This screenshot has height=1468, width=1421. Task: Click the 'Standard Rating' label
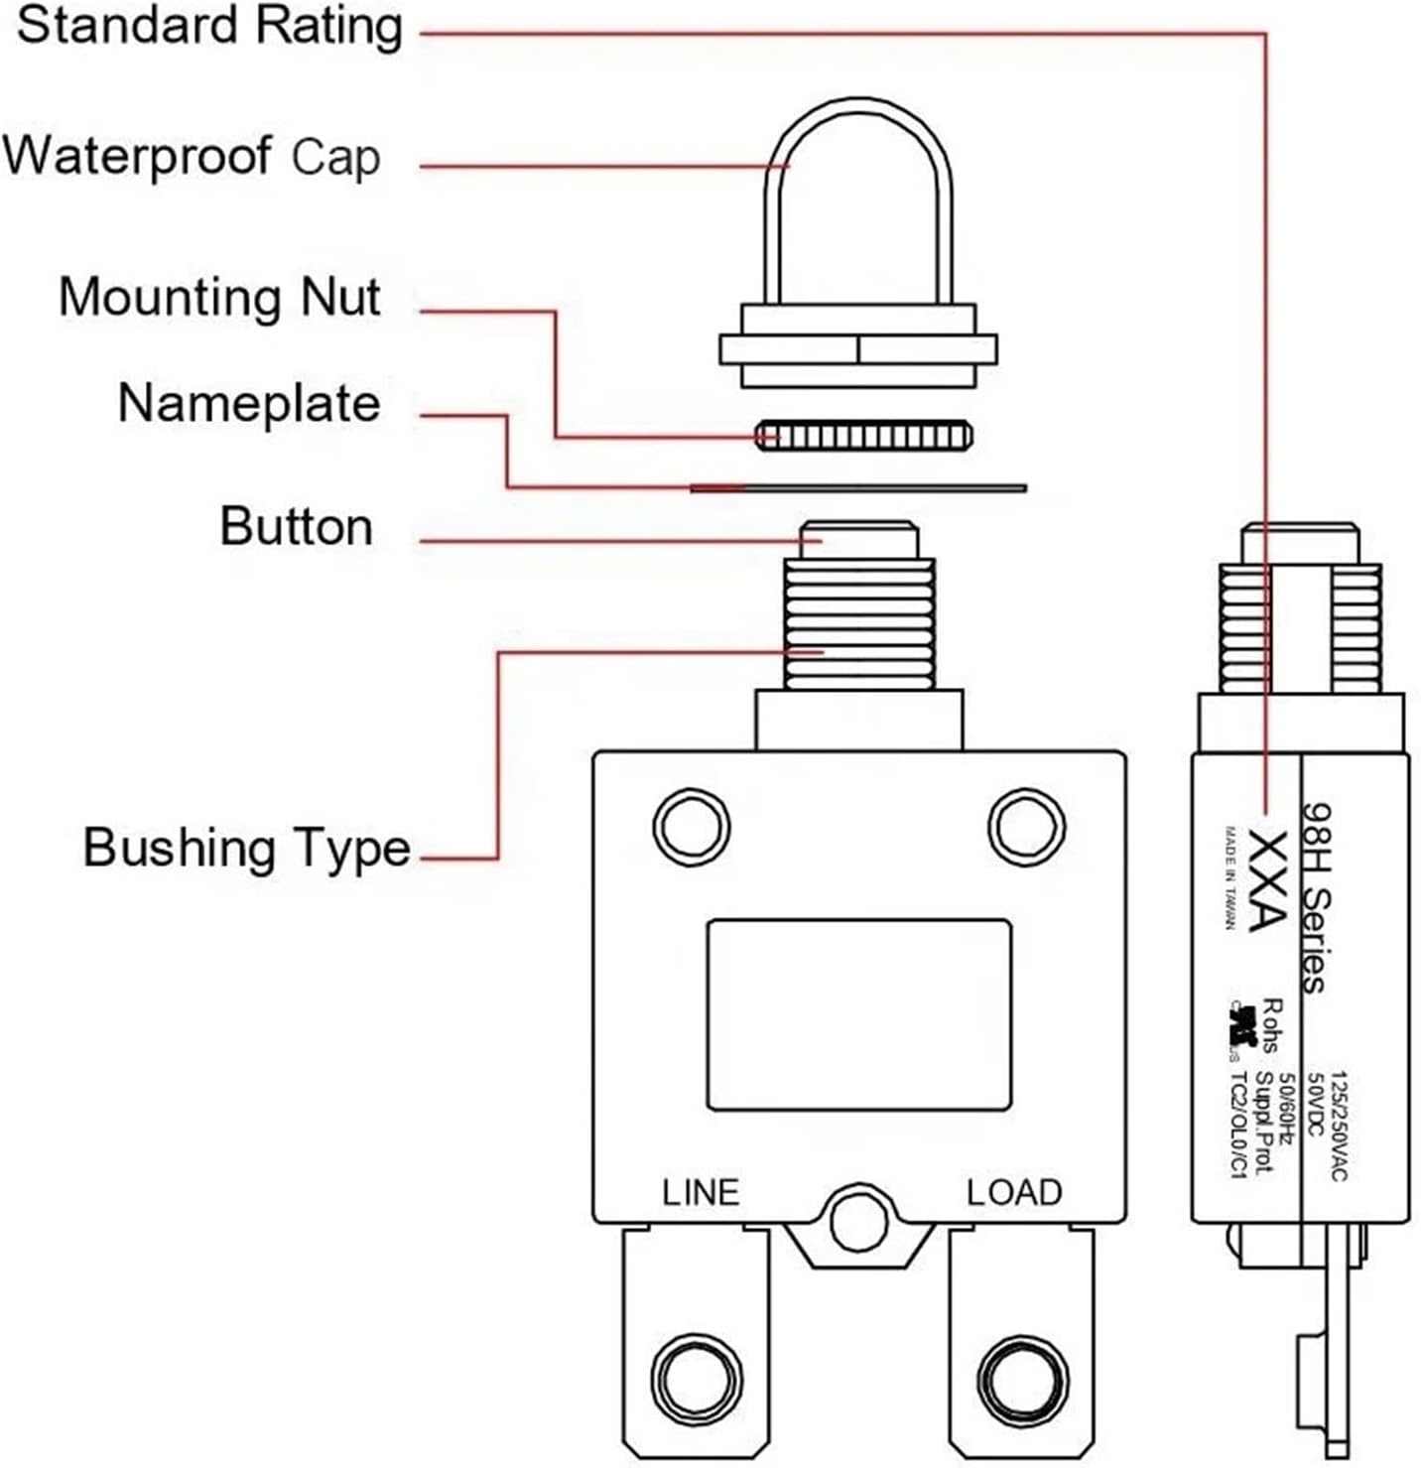coord(208,28)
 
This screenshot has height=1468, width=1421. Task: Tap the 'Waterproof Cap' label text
coord(191,157)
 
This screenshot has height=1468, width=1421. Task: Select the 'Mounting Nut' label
coord(219,298)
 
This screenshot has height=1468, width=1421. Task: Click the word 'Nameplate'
coord(248,404)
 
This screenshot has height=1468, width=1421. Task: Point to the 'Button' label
coord(296,526)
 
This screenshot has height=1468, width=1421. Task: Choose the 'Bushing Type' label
coord(246,849)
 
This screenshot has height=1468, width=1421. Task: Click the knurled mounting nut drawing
coord(863,435)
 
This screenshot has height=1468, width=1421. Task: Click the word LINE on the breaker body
coord(701,1192)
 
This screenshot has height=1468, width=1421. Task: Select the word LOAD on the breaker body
coord(1014,1192)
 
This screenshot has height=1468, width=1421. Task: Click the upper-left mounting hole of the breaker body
coord(692,826)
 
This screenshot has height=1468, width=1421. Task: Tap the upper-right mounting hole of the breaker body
coord(1027,826)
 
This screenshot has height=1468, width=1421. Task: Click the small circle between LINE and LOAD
coord(858,1222)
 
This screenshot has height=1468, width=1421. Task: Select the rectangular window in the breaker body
coord(858,1014)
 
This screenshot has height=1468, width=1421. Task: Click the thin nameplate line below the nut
coord(858,487)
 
